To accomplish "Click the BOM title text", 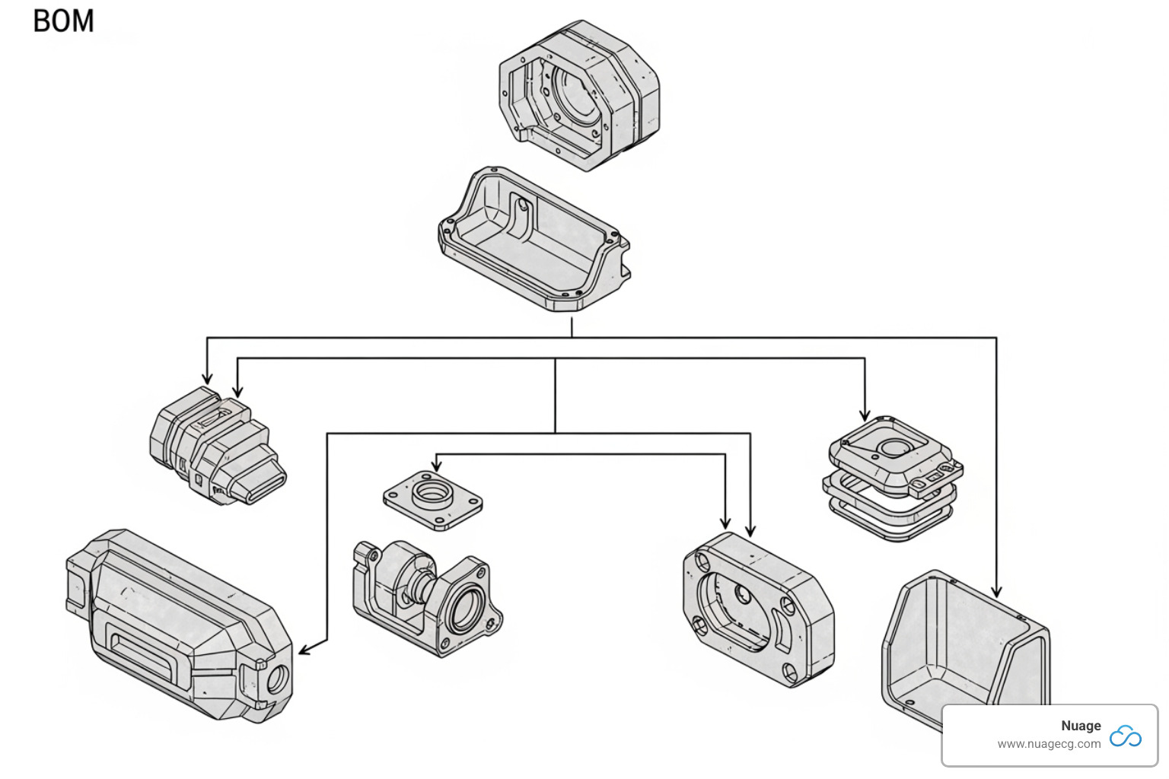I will (x=64, y=21).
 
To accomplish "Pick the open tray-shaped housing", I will (x=534, y=240).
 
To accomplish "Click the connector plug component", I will (x=217, y=445).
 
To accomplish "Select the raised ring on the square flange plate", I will (x=432, y=494).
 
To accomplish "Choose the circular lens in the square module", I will (x=892, y=447).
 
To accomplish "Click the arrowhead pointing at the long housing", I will (x=304, y=650).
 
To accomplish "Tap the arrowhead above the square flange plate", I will (x=436, y=466).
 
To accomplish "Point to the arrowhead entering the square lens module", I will (x=865, y=415).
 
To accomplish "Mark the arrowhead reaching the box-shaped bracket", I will (x=996, y=591).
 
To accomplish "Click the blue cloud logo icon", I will (x=1125, y=736).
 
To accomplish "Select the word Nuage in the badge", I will (x=1081, y=726).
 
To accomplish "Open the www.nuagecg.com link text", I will (x=1049, y=744).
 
